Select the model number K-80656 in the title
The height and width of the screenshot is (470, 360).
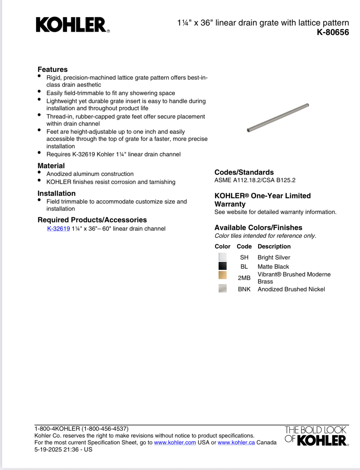click(333, 32)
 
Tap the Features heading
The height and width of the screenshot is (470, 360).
click(52, 69)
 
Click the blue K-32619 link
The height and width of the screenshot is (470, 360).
click(59, 229)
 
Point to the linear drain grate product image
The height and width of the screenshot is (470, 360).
click(278, 117)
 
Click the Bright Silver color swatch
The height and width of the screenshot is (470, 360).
click(222, 257)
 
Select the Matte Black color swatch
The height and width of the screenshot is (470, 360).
click(222, 266)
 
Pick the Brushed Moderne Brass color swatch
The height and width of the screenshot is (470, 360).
click(222, 275)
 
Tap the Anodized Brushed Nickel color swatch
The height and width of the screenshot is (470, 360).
click(222, 288)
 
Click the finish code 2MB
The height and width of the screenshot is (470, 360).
click(244, 278)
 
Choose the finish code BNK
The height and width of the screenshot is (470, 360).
click(244, 289)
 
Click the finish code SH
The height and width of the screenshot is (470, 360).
click(244, 257)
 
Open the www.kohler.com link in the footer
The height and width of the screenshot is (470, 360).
click(175, 442)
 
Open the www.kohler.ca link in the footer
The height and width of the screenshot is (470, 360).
click(236, 442)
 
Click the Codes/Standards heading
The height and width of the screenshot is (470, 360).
click(244, 172)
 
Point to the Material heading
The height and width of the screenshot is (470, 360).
click(51, 166)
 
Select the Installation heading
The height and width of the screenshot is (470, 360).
click(56, 193)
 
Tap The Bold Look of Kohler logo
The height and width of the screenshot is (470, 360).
click(316, 436)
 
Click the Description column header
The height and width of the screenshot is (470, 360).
click(274, 246)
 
